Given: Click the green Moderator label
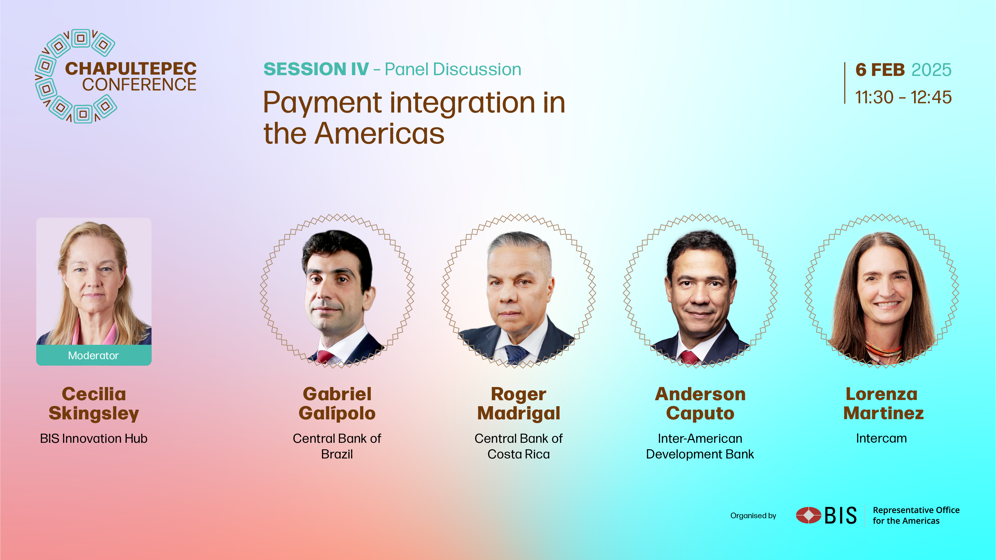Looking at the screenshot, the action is coord(94,355).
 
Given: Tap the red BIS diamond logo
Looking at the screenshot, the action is coord(809,515).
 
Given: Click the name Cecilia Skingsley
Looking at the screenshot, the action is coord(94,403).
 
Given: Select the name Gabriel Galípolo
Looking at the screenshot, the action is coord(337,403).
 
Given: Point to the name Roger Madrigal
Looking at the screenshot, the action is coord(518,403).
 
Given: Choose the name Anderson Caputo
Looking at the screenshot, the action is coord(700,403).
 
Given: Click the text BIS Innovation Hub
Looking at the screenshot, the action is coord(94,438).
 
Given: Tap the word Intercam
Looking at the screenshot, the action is coord(881,438).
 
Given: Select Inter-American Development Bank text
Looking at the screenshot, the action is coord(700,446).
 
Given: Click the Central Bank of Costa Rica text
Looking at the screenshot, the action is coord(518,446).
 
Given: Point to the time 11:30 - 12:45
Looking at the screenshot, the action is coord(903,97).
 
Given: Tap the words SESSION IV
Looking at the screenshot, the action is coord(316,69).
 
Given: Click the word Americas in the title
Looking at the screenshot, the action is coord(379,134).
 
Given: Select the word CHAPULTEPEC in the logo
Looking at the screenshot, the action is coord(131,68).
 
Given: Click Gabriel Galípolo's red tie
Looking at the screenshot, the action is coord(324,357).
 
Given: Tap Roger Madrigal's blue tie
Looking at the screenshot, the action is coord(516,355).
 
